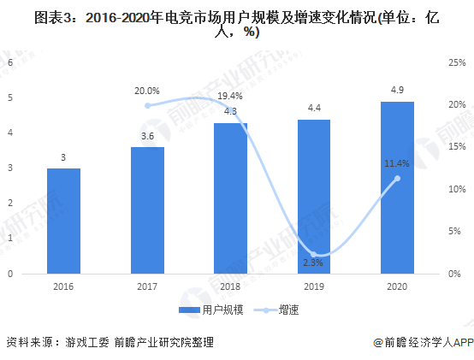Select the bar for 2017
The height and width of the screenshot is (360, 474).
[146, 210]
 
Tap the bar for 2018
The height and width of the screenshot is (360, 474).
[230, 198]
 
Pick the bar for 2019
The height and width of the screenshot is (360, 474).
[313, 197]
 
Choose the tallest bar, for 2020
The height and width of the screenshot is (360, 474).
[397, 187]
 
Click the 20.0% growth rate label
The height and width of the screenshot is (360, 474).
[146, 91]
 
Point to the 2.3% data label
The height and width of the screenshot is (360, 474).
[313, 262]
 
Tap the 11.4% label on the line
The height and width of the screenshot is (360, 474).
[397, 163]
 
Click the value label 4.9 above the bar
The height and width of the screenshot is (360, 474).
[397, 90]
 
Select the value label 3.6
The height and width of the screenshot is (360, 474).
[146, 135]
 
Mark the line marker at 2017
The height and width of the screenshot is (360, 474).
[146, 105]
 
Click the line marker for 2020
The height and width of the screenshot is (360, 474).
[397, 178]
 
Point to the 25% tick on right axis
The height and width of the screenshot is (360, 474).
[456, 62]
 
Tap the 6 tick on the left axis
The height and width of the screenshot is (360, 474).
[10, 62]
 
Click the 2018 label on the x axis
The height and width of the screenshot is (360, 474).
[230, 287]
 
